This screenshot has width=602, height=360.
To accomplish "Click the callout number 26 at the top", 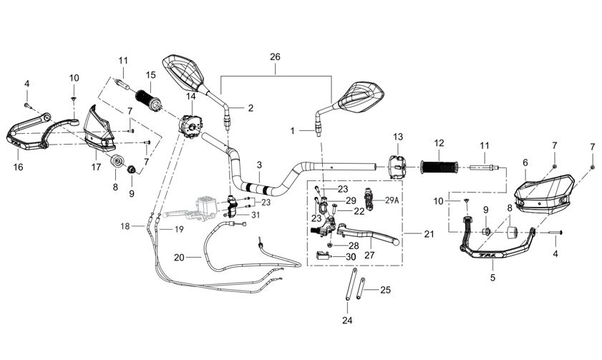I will pos(276,57).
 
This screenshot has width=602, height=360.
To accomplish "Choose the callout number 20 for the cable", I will pos(179,256).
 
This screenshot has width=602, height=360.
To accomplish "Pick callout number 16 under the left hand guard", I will pos(18,167).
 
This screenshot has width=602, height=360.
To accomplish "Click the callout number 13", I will pos(398,137).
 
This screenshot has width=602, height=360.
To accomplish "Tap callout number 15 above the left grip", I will pos(150,74).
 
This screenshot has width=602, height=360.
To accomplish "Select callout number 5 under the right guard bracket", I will pos(492,276).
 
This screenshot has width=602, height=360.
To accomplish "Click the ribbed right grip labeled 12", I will pos(439,167).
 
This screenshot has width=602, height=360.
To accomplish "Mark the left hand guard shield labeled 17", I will pos(99,130).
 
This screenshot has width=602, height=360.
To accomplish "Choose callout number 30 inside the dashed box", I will pos(351,257).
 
